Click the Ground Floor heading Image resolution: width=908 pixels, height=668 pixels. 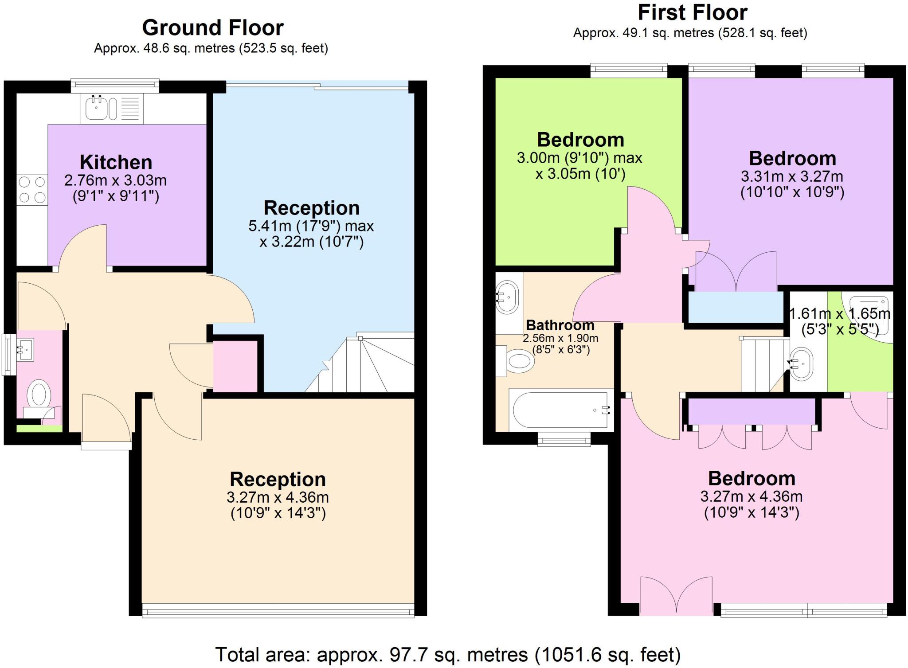pos(212,28)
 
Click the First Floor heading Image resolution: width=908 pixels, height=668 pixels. pos(692,12)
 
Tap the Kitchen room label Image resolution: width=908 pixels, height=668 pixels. pos(116,162)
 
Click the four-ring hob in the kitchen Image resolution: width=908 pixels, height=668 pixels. pos(32,189)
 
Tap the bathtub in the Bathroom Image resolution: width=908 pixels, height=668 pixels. pos(561,410)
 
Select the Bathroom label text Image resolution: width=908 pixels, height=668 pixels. pos(560,325)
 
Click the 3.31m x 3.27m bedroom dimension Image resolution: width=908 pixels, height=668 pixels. pos(792,176)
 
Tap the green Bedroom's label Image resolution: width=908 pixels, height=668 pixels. pos(580,140)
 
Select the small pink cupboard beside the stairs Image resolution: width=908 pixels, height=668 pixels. pos(235,367)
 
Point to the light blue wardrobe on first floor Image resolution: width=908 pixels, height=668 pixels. pos(735,307)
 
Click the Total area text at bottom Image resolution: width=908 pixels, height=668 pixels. pos(447,654)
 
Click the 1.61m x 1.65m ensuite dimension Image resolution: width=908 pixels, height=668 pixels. pos(840,314)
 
